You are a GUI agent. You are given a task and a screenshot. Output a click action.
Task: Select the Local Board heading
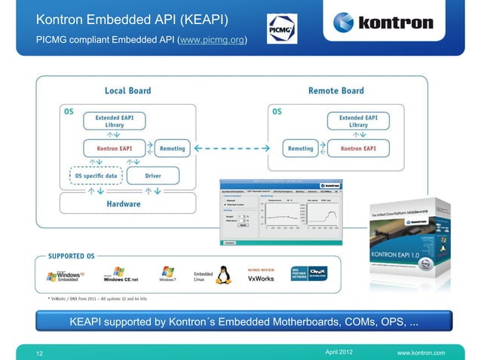[x=127, y=91]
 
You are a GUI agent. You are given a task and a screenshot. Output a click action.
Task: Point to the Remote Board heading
[x=335, y=91]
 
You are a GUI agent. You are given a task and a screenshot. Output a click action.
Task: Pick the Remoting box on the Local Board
[x=173, y=148]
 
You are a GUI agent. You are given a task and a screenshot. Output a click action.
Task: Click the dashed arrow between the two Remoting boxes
[x=234, y=148]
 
